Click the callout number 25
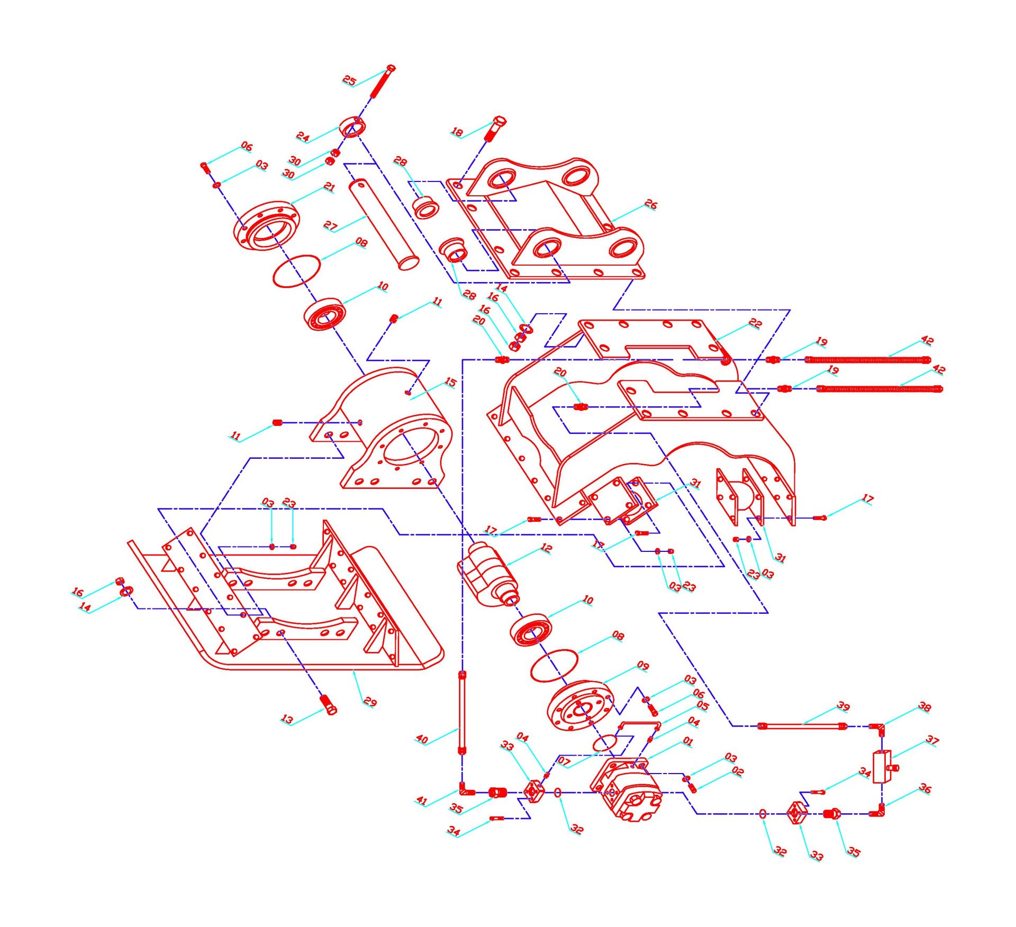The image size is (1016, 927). tap(349, 80)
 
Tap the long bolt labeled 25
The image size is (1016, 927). tap(383, 82)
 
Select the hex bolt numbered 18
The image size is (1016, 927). tap(495, 129)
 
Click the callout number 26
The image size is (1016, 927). tap(651, 204)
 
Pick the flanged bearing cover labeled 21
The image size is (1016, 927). tap(266, 226)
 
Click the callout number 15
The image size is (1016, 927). tap(450, 382)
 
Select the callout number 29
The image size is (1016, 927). tap(370, 702)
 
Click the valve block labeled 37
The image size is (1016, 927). tap(882, 766)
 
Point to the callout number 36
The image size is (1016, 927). tap(924, 788)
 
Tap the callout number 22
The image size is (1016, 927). tap(756, 323)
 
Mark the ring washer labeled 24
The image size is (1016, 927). tap(352, 127)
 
